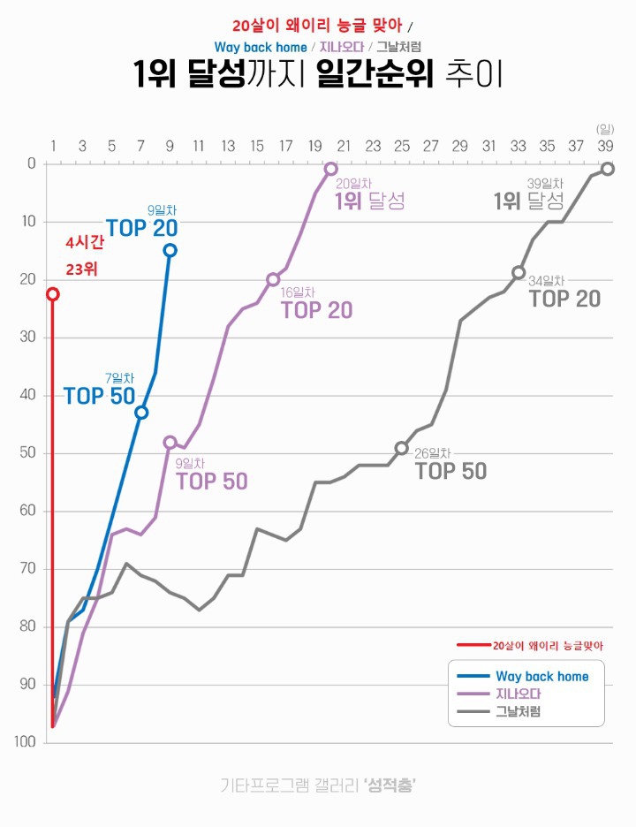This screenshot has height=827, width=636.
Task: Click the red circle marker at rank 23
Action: point(53,294)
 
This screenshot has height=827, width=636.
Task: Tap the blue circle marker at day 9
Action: point(170,250)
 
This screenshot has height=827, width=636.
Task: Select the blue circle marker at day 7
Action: point(141,413)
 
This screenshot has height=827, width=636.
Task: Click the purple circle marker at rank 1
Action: point(330,169)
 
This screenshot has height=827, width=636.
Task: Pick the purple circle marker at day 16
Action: point(273,279)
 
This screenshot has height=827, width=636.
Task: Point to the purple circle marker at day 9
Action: point(170,443)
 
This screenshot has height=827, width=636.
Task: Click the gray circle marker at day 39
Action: point(608,169)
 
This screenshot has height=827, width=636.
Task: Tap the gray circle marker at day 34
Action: point(519,273)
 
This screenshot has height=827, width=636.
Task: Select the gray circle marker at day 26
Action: point(401,448)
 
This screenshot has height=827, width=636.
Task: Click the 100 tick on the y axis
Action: point(26,742)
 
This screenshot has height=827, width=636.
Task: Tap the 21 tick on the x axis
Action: point(344,146)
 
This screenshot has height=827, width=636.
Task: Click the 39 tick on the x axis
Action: point(606,146)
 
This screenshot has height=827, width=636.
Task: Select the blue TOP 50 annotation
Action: point(99,396)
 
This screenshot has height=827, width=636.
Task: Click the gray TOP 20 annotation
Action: point(564,299)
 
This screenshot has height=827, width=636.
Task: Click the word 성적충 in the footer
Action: point(389,785)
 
